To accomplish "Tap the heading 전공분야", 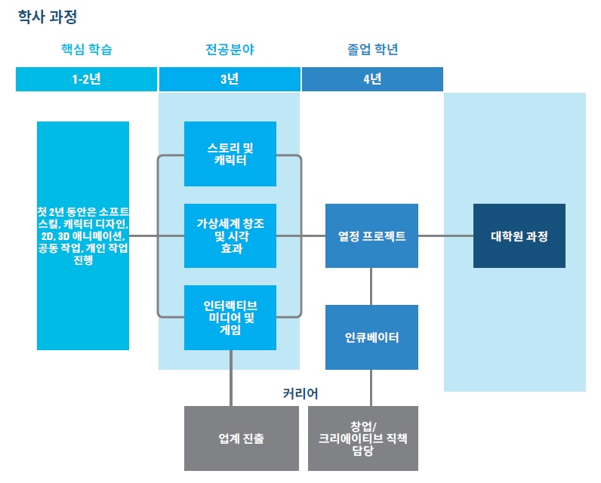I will [230, 51].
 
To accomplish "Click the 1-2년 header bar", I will [87, 79].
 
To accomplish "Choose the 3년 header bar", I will [230, 79].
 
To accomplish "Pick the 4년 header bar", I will [371, 79].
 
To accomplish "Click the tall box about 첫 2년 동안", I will [83, 235].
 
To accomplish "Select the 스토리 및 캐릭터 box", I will [230, 153].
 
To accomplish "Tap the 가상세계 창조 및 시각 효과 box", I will [230, 235].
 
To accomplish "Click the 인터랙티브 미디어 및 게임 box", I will [230, 317].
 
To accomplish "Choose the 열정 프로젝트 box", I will [371, 235].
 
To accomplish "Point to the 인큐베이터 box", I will [371, 337].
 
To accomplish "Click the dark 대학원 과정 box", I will [519, 235].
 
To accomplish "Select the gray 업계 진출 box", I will [230, 438].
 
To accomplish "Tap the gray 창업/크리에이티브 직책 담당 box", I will [363, 438].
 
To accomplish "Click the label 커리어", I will [300, 393].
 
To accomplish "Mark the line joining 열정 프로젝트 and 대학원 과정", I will [445, 235].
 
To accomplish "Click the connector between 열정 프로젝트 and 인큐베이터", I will [371, 286].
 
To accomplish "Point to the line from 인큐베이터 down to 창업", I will [371, 388].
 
